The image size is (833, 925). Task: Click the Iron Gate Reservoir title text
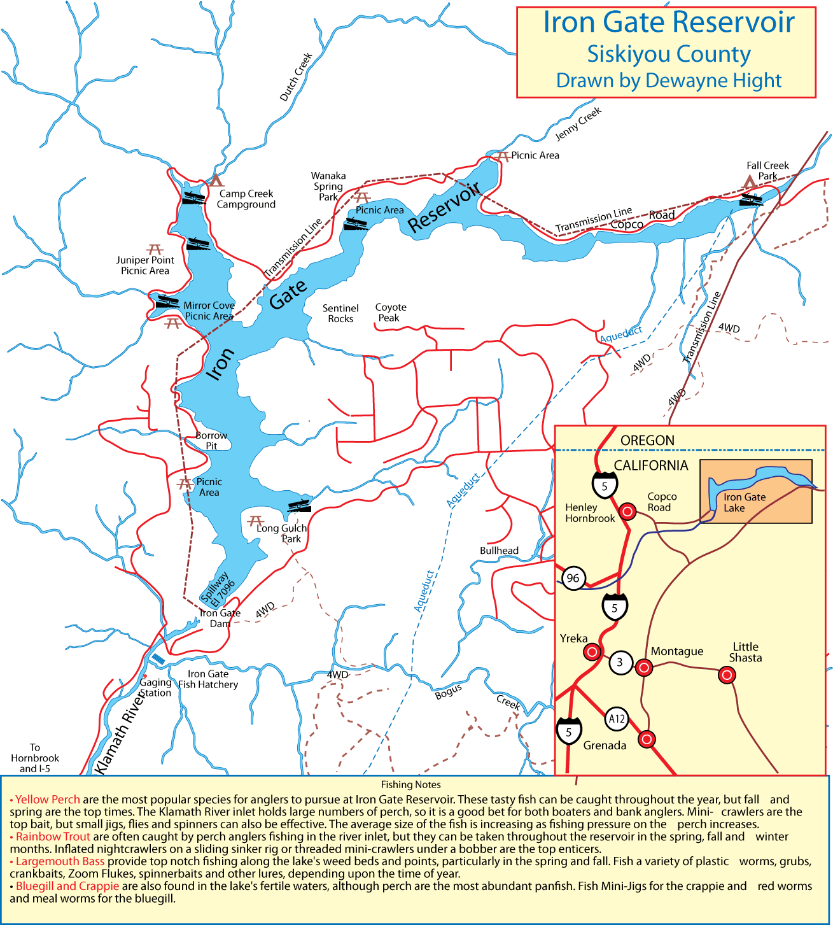pyautogui.click(x=668, y=22)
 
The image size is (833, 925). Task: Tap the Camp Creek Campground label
pyautogui.click(x=246, y=199)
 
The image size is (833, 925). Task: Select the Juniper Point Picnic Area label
pyautogui.click(x=145, y=265)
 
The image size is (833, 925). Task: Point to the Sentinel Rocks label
pyautogui.click(x=340, y=313)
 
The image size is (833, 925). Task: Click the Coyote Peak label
pyautogui.click(x=390, y=313)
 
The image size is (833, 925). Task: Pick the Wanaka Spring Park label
pyautogui.click(x=328, y=187)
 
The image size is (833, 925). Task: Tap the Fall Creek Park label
pyautogui.click(x=767, y=171)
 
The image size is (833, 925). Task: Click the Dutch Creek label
pyautogui.click(x=296, y=77)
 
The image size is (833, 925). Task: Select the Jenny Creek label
pyautogui.click(x=578, y=124)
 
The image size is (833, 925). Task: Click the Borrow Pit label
pyautogui.click(x=211, y=441)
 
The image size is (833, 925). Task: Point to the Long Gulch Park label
pyautogui.click(x=282, y=533)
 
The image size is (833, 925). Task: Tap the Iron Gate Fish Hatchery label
pyautogui.click(x=208, y=679)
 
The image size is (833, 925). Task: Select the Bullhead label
pyautogui.click(x=499, y=551)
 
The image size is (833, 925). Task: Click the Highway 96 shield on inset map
pyautogui.click(x=573, y=578)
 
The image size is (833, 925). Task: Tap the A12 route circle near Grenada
pyautogui.click(x=616, y=719)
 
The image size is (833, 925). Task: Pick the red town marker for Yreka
pyautogui.click(x=592, y=652)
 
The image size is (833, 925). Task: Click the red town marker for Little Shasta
pyautogui.click(x=727, y=675)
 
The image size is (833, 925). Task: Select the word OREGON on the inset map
pyautogui.click(x=647, y=441)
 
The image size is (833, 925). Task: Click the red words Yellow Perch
pyautogui.click(x=48, y=800)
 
